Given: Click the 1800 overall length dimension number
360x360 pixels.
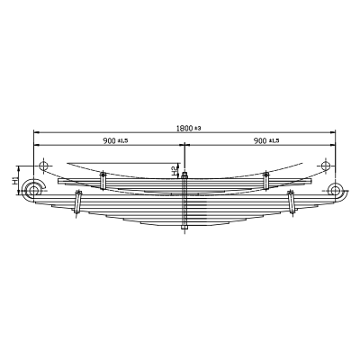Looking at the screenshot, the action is (x=184, y=129).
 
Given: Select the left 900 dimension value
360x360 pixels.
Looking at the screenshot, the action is (x=109, y=140).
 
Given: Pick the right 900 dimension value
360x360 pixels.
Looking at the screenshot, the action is (x=260, y=140).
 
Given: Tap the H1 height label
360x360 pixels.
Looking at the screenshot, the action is (x=14, y=181).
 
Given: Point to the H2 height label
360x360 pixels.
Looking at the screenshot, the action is (x=174, y=171).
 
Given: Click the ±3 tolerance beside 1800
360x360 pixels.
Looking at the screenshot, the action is (x=197, y=129).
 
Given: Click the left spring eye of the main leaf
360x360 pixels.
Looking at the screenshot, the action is (x=33, y=190).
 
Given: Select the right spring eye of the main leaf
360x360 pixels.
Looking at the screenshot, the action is (x=335, y=190).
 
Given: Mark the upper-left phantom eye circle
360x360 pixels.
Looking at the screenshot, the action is (x=43, y=166).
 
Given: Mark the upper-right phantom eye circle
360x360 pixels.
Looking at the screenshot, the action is (x=325, y=166).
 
